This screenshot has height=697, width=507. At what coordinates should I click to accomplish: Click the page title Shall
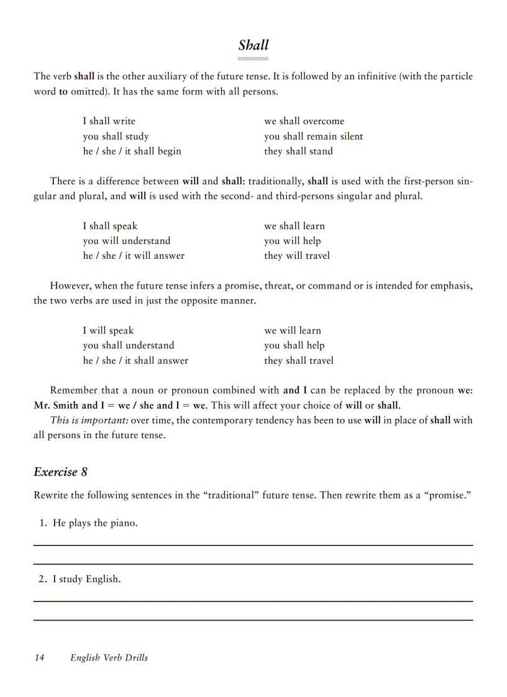pyautogui.click(x=253, y=45)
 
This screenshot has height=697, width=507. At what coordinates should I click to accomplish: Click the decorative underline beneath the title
pyautogui.click(x=253, y=59)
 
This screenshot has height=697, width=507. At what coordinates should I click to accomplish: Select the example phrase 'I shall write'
pyautogui.click(x=109, y=121)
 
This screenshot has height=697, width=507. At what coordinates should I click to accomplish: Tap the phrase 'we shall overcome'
pyautogui.click(x=304, y=121)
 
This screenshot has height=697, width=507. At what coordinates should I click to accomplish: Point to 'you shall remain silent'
pyautogui.click(x=313, y=137)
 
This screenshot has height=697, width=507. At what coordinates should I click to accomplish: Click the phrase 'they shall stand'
pyautogui.click(x=298, y=151)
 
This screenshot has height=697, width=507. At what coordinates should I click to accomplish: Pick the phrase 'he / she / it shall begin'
pyautogui.click(x=132, y=151)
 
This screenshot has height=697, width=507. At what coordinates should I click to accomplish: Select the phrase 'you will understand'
pyautogui.click(x=126, y=241)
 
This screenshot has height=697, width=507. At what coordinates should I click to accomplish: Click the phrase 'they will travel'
pyautogui.click(x=297, y=256)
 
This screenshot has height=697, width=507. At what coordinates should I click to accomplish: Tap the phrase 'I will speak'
pyautogui.click(x=108, y=331)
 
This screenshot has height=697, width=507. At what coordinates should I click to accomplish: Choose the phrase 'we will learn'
pyautogui.click(x=293, y=331)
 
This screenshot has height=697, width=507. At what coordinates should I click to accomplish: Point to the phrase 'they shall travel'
pyautogui.click(x=298, y=361)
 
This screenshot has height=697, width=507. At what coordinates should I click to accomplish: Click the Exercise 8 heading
pyautogui.click(x=60, y=472)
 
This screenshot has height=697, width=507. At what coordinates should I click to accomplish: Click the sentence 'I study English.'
pyautogui.click(x=86, y=580)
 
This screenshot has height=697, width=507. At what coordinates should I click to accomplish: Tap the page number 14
pyautogui.click(x=40, y=658)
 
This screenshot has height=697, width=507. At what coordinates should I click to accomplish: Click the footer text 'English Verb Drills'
pyautogui.click(x=109, y=658)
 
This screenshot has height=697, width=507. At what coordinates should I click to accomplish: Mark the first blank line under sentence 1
pyautogui.click(x=253, y=545)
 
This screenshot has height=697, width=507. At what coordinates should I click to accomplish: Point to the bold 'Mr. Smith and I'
pyautogui.click(x=65, y=405)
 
